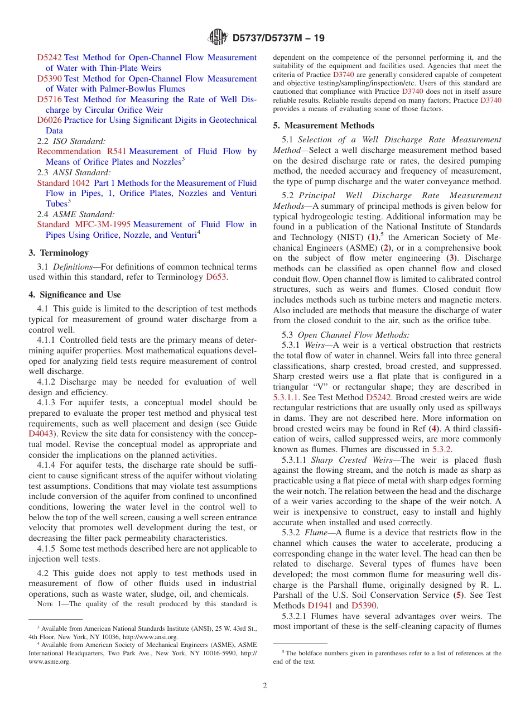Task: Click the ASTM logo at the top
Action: coord(218,37)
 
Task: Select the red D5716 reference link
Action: coord(49,99)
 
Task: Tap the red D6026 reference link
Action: coord(49,120)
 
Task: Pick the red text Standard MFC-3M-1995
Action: coord(84,224)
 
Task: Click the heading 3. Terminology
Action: coord(59,253)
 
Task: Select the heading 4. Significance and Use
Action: coord(75,295)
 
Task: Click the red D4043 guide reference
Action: coord(40,434)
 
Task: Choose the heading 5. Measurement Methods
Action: coord(324,126)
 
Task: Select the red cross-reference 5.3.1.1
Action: coord(286,397)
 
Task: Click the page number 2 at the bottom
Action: coord(265,686)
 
